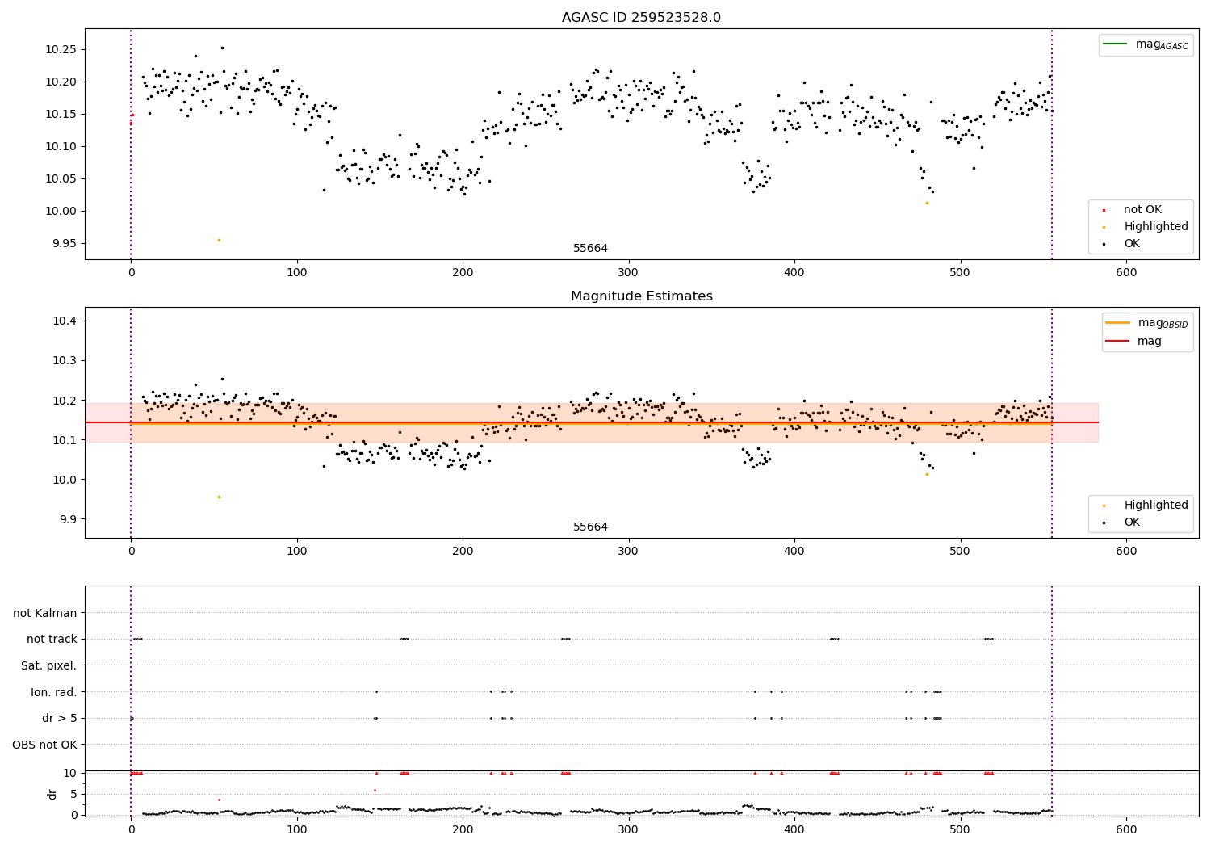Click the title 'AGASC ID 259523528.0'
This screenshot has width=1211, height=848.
tap(641, 18)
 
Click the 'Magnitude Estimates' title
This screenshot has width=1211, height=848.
tap(641, 296)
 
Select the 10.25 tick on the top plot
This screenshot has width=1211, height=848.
tap(61, 49)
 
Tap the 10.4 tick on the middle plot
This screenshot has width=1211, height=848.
tap(65, 321)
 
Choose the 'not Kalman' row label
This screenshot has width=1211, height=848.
tap(45, 613)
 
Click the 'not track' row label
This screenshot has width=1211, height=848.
tap(52, 639)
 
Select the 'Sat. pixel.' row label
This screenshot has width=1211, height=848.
tap(48, 665)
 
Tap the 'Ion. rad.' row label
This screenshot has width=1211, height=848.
tap(53, 692)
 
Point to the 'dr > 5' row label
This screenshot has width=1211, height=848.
tap(60, 718)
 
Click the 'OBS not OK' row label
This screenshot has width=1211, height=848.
tap(44, 745)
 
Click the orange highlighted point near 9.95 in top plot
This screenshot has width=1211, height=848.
tap(219, 240)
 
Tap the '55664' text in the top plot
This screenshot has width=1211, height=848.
tap(590, 248)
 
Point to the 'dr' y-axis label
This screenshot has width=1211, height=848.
tap(52, 794)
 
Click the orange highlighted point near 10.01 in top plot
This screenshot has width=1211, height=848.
tap(927, 203)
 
